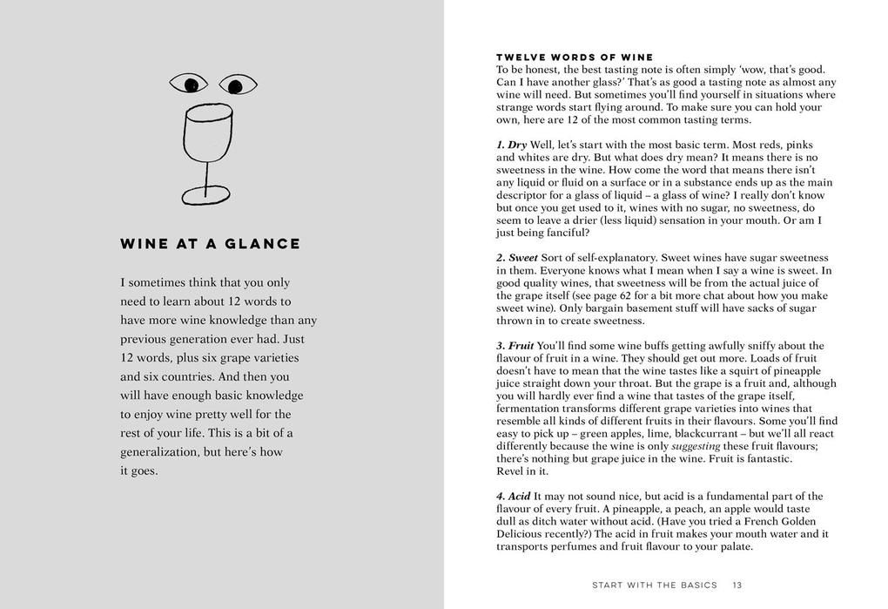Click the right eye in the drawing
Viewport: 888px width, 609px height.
[x=236, y=85]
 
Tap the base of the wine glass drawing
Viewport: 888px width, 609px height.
[x=206, y=193]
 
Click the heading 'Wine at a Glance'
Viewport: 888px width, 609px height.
[x=210, y=244]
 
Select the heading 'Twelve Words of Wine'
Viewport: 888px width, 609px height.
[x=575, y=58]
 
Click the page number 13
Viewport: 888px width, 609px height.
[x=737, y=585]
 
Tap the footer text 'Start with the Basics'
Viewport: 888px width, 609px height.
[x=654, y=585]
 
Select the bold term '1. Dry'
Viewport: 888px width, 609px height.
[x=512, y=144]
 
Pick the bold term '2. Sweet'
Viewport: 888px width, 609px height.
[x=517, y=258]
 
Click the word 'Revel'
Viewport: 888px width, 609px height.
[x=510, y=471]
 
